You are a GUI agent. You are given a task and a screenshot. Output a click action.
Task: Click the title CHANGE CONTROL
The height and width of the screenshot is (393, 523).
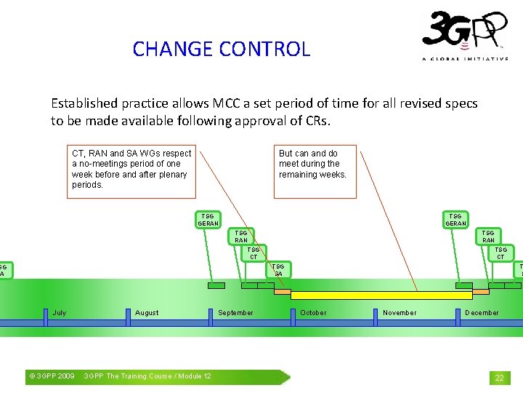coord(222,49)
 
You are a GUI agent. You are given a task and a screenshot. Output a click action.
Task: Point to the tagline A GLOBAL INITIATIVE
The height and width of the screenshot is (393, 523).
coord(465,59)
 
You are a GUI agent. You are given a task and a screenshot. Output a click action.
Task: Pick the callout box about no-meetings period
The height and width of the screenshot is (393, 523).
coord(131,170)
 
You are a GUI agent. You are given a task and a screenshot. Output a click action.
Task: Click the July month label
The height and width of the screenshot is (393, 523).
coord(60,313)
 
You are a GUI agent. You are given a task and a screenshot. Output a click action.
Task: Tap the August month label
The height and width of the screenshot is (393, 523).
coord(147,313)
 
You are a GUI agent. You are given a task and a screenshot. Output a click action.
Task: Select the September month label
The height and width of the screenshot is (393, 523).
coord(235,313)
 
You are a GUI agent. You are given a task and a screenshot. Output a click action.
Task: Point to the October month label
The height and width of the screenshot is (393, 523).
coord(313,313)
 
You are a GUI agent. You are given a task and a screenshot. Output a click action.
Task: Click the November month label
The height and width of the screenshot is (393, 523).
coord(400,313)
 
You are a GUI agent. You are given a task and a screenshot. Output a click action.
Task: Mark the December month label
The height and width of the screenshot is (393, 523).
coord(482,313)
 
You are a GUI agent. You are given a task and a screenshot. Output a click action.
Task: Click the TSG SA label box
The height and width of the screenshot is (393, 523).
coord(279,270)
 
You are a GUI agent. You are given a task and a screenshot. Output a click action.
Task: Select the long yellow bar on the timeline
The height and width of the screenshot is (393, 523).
coord(381,295)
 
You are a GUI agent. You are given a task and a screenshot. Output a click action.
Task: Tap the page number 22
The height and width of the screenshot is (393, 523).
coord(499,378)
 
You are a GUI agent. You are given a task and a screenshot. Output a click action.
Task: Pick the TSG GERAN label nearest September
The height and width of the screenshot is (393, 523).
coord(208,220)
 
